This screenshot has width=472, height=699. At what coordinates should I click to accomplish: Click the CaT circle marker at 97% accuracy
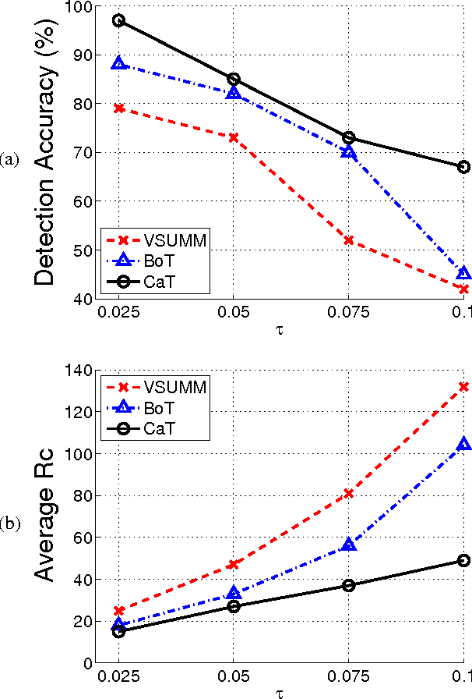tap(118, 20)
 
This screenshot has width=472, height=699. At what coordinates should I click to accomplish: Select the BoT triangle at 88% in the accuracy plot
tap(118, 63)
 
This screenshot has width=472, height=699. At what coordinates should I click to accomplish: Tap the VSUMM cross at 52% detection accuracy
tap(349, 240)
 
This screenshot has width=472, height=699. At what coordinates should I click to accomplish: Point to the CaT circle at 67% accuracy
tap(464, 166)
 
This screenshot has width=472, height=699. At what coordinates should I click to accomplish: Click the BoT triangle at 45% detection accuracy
tap(464, 273)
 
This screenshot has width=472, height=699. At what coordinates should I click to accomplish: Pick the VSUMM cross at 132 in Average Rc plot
tap(464, 386)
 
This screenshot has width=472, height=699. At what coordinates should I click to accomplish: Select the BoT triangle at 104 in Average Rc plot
tap(464, 445)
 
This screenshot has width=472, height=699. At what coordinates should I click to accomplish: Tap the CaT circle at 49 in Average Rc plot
tap(464, 560)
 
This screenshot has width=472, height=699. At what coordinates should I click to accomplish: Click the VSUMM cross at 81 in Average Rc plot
tap(349, 493)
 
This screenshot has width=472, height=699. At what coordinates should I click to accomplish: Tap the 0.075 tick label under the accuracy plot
tap(349, 313)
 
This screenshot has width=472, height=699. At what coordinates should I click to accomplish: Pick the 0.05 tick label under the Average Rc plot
tap(234, 676)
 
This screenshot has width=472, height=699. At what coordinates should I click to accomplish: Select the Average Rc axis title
tap(47, 516)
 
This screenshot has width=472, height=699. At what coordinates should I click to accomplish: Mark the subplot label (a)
tap(10, 160)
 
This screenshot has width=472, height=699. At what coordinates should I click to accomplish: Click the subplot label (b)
tap(10, 523)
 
